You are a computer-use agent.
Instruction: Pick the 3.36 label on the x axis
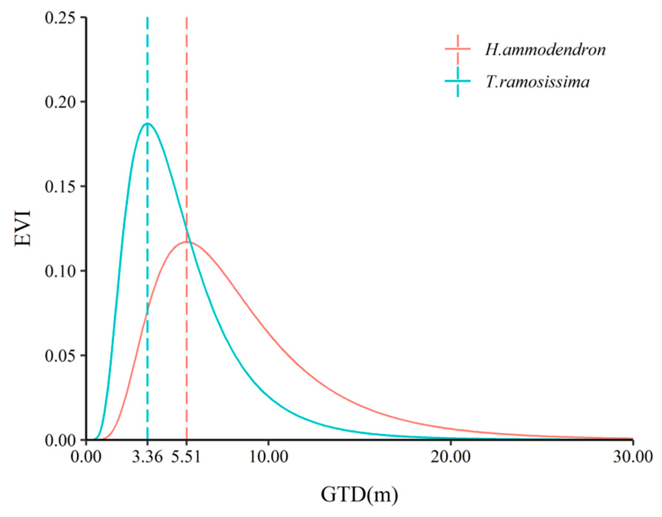pos(147,457)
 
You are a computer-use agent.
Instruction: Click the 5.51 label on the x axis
pos(186,457)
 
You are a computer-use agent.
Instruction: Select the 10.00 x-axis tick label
pos(269,457)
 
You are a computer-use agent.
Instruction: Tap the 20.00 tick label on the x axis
pos(451,457)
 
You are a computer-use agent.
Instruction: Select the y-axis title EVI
pos(23,228)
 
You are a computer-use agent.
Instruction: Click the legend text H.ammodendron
pos(545,49)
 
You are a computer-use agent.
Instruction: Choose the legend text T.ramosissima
pos(537,82)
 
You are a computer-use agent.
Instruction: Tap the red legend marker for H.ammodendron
pos(458,49)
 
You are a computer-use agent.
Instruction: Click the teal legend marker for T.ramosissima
pos(458,81)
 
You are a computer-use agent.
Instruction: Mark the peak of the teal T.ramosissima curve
pos(148,123)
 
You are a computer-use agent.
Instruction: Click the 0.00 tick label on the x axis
pos(86,457)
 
